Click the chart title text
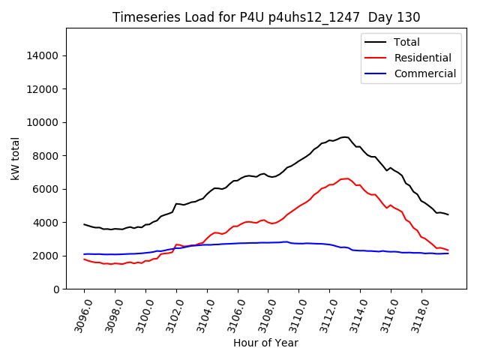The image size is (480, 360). pyautogui.click(x=266, y=17)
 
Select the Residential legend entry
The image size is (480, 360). pyautogui.click(x=422, y=58)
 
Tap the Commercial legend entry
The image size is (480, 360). pyautogui.click(x=424, y=73)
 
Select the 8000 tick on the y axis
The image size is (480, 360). pyautogui.click(x=47, y=156)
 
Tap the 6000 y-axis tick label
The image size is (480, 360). pyautogui.click(x=47, y=189)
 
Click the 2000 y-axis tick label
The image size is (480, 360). pyautogui.click(x=47, y=256)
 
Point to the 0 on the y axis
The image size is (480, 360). pyautogui.click(x=57, y=289)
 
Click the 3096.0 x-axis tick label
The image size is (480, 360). pyautogui.click(x=77, y=315)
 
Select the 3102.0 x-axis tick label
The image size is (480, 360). pyautogui.click(x=169, y=315)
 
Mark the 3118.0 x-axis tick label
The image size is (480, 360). pyautogui.click(x=415, y=315)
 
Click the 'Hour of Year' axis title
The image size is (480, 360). pyautogui.click(x=265, y=343)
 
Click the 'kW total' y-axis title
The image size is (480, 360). pyautogui.click(x=16, y=159)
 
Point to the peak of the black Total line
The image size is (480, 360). pyautogui.click(x=344, y=137)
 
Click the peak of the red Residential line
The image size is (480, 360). pyautogui.click(x=346, y=178)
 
